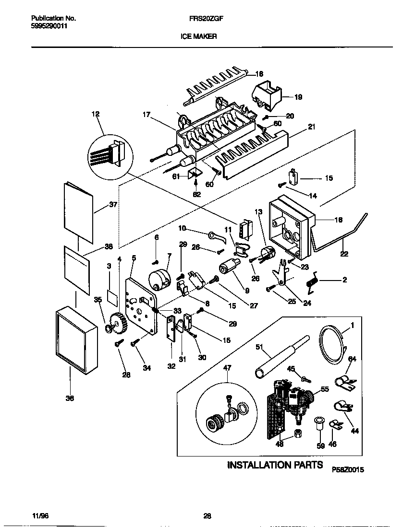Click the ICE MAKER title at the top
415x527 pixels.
(x=198, y=36)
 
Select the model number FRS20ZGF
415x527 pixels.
(x=203, y=19)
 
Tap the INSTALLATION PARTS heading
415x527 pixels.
(x=275, y=465)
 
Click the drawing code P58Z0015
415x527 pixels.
(x=348, y=470)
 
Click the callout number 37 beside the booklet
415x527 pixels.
(x=113, y=204)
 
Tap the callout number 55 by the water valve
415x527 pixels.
(x=325, y=389)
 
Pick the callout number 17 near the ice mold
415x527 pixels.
(x=146, y=115)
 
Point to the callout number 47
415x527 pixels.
(x=227, y=368)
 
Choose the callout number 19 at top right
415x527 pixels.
(x=298, y=97)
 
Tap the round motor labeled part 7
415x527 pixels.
(x=159, y=279)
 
